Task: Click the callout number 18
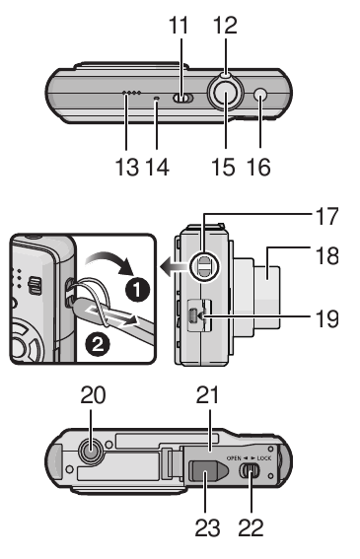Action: click(x=325, y=256)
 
